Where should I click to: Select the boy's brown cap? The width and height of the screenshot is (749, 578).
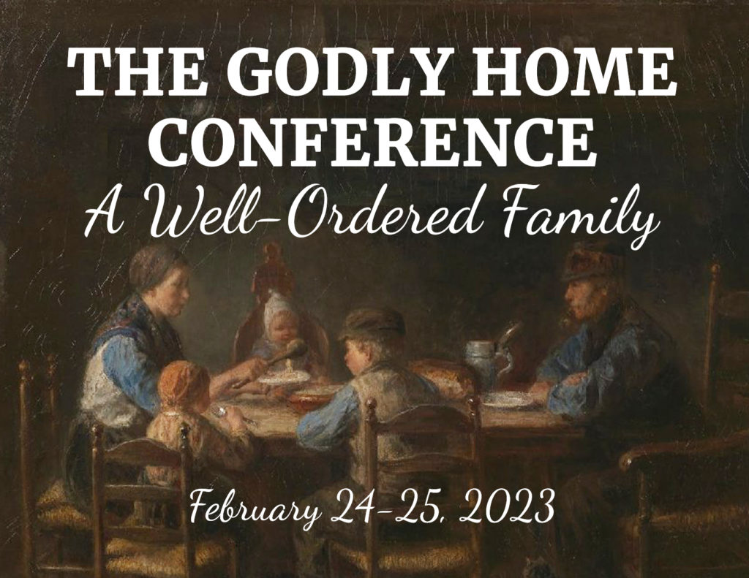(372, 324)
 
